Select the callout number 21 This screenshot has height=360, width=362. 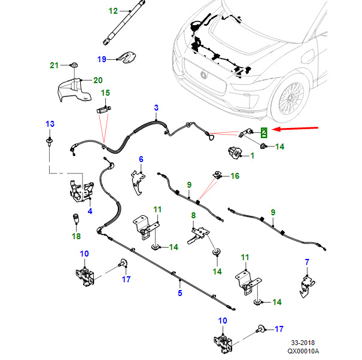53,65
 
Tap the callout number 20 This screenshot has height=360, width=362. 98,80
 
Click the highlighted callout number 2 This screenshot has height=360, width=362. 263,131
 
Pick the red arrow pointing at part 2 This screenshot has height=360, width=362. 296,129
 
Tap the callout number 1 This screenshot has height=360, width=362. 251,155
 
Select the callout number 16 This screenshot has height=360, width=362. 235,176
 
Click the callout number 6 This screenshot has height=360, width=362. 141,159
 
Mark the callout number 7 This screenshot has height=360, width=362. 307,262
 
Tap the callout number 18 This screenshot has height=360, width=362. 76,237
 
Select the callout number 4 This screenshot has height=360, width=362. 90,210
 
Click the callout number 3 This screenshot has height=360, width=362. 156,108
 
